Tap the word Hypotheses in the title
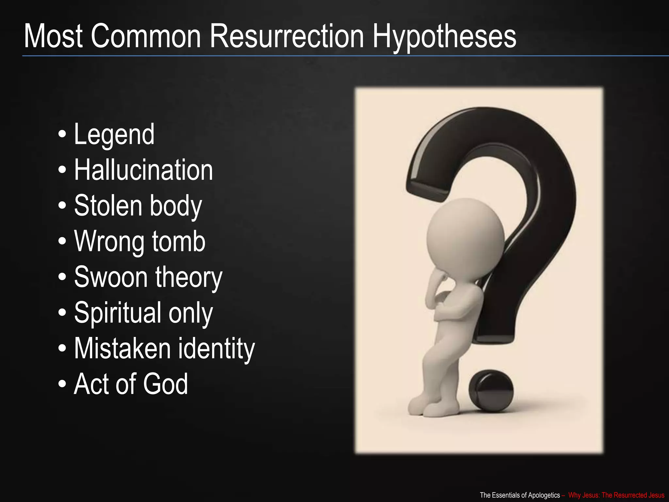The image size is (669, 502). tap(444, 37)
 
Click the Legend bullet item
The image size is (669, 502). tap(114, 134)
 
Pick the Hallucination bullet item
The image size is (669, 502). tap(143, 170)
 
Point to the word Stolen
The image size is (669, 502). tap(108, 206)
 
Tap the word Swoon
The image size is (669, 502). tap(111, 277)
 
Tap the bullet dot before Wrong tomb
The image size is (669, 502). tap(62, 242)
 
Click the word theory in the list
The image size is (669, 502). tap(189, 277)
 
